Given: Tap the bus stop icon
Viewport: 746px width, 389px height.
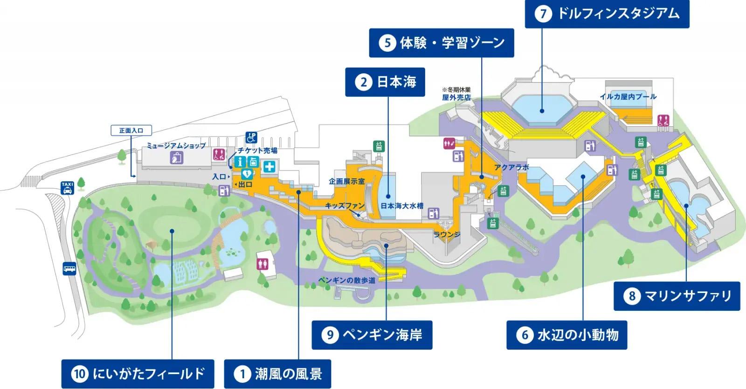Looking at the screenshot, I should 69,269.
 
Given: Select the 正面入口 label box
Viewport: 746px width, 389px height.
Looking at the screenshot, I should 131,130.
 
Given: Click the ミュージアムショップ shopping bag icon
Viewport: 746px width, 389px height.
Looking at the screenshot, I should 177,157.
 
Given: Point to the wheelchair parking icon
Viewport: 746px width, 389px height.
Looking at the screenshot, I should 252,137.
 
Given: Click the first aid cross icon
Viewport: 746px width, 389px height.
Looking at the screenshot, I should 269,167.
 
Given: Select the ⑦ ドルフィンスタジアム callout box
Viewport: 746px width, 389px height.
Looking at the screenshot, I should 607,14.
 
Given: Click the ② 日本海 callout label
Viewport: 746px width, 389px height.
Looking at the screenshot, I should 385,82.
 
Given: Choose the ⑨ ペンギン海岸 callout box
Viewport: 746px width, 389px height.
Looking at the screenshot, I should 372,334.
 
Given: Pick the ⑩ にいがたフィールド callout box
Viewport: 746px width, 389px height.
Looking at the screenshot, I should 138,374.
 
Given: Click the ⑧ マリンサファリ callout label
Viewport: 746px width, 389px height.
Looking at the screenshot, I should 677,296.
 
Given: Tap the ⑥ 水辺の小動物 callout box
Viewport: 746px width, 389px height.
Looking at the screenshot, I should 566,334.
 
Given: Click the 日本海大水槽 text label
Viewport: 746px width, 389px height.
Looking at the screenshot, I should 401,205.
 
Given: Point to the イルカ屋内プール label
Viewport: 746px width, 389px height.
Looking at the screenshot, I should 628,96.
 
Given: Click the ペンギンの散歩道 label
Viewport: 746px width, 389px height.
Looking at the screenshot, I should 346,280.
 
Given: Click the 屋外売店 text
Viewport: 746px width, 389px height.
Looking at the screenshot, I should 456,97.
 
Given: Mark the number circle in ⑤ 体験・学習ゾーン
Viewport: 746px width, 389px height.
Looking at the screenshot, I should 387,43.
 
